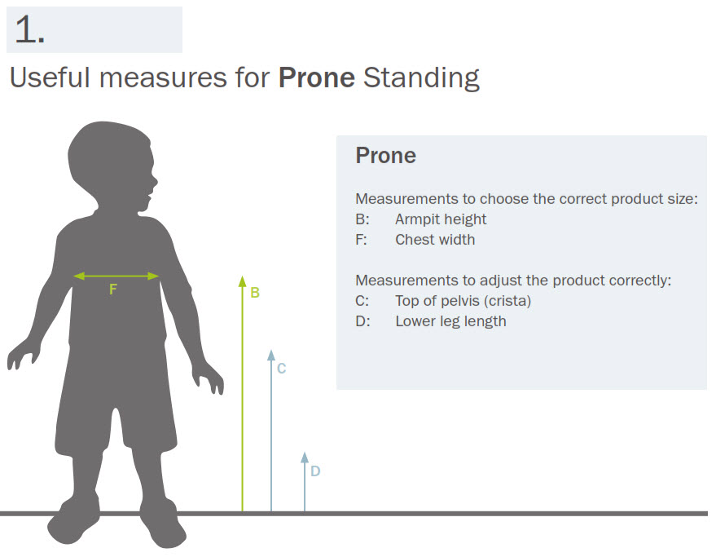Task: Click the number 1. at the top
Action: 30,29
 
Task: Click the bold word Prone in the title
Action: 316,77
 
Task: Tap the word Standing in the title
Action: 421,78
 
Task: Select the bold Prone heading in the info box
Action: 386,156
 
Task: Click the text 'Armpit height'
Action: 441,219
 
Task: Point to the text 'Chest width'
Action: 435,240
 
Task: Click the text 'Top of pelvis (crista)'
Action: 463,301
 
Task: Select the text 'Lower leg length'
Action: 450,321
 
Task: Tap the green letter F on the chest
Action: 113,289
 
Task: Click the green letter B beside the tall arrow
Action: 255,292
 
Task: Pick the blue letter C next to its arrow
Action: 281,368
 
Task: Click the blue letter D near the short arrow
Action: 315,471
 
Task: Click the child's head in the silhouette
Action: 112,165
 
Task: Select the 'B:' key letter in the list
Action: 362,219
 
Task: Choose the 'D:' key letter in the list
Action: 362,321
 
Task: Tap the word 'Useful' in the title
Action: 51,77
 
